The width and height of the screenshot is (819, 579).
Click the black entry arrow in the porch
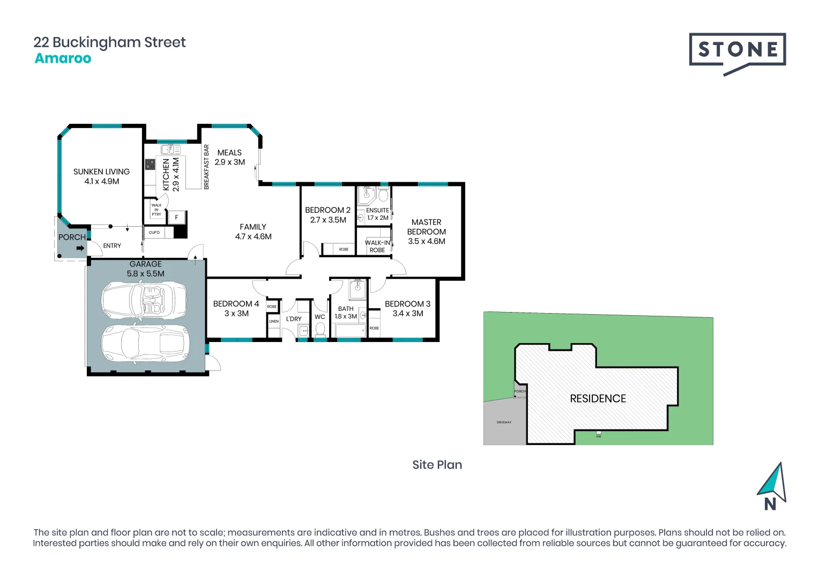point(80,248)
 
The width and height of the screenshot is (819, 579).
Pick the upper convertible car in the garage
point(144,301)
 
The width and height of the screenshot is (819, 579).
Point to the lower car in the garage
point(145,343)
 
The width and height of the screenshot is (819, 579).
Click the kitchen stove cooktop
point(150,165)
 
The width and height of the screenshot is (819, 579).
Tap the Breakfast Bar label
point(206,167)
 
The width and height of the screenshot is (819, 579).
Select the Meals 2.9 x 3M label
point(230,158)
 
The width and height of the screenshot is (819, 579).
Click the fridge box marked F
point(176,218)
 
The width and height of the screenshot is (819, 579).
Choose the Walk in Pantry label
point(156,210)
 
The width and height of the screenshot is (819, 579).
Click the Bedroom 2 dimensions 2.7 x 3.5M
point(328,220)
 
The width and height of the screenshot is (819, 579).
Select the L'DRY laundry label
point(294,319)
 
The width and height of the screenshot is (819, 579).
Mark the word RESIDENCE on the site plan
point(598,399)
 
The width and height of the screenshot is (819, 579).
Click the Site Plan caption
point(437,465)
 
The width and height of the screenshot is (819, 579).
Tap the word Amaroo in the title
point(63,58)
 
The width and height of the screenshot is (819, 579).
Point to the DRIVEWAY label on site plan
point(504,422)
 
